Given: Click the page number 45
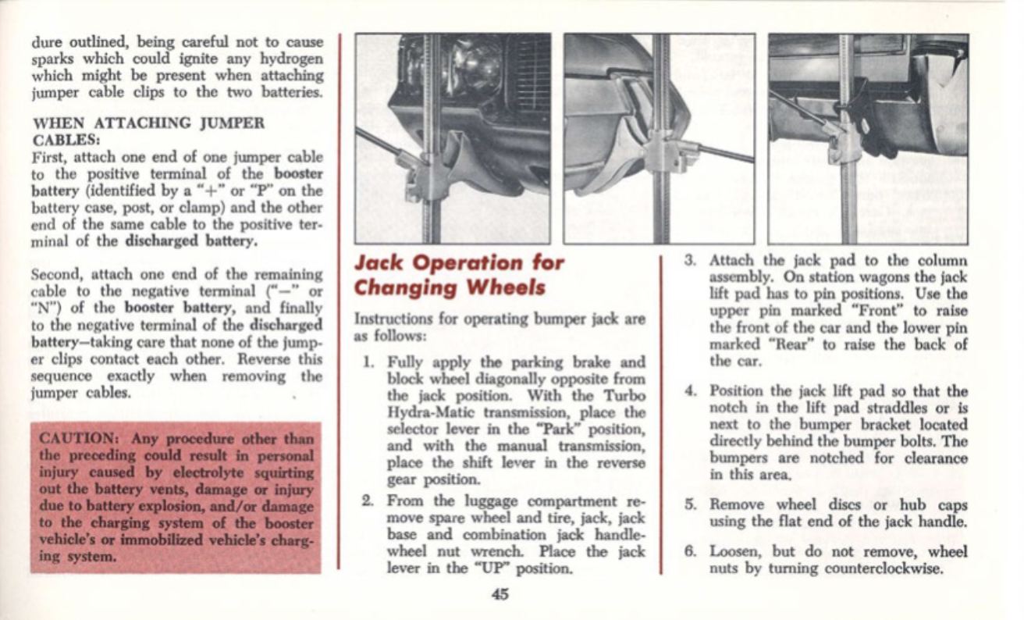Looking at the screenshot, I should point(500,594).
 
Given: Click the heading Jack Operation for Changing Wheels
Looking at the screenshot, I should point(458,275).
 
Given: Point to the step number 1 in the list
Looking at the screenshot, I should point(371,363).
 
